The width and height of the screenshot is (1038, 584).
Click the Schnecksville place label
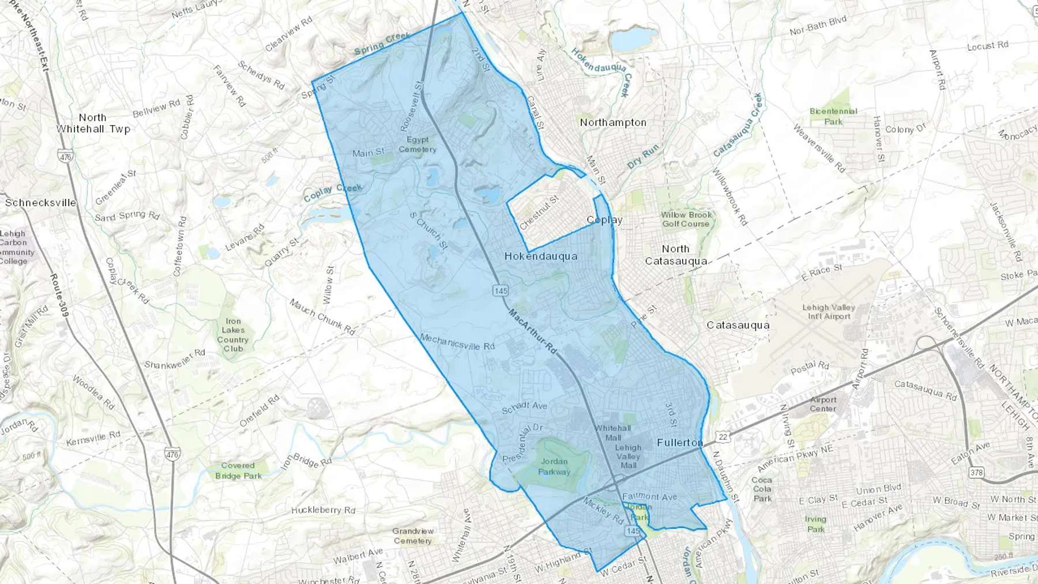40,202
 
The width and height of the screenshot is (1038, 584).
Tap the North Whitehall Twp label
93,123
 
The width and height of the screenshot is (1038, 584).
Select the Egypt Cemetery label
418,145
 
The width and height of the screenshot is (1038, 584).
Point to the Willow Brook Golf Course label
686,219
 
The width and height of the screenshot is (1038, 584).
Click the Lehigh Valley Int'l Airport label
829,311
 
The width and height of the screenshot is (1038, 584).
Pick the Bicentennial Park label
833,116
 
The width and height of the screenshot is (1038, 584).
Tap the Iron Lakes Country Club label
233,335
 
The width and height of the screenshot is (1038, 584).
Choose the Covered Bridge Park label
238,470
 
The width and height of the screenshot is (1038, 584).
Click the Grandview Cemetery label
413,536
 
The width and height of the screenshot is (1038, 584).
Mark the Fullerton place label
680,442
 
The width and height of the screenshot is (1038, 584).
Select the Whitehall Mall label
612,432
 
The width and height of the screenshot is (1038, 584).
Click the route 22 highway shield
723,436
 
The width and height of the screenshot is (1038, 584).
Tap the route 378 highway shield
976,473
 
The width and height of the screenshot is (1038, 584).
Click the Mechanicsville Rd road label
457,342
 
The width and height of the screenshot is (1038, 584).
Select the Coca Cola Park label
762,489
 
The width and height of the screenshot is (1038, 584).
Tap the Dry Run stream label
642,156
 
